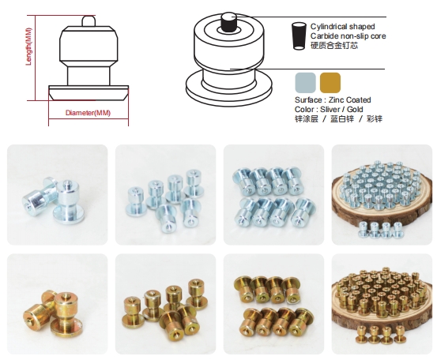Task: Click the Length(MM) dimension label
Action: [x=28, y=47]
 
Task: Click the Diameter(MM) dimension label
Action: [x=88, y=113]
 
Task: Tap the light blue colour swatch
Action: [x=306, y=83]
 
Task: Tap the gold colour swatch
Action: [x=330, y=83]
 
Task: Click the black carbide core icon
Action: [x=299, y=36]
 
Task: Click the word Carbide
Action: [x=323, y=36]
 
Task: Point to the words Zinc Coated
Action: [x=350, y=100]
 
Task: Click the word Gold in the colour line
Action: [x=355, y=110]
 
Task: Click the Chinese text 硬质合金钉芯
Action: [x=334, y=45]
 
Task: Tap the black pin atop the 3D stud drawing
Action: [x=229, y=21]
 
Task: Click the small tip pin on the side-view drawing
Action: [x=89, y=21]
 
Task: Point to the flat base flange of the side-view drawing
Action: [x=89, y=92]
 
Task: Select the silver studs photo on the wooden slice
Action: [x=382, y=195]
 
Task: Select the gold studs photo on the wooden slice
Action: [x=382, y=304]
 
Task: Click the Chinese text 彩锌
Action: [x=375, y=119]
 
